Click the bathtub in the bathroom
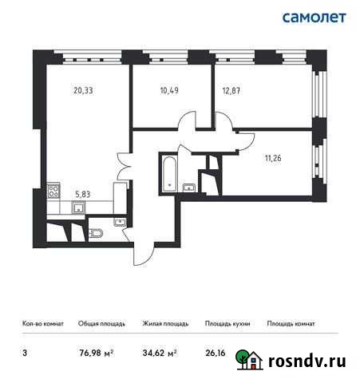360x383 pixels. click(x=168, y=172)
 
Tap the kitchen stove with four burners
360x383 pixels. click(x=54, y=191)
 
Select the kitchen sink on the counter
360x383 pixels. click(x=78, y=207)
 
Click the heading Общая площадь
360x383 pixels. click(x=101, y=324)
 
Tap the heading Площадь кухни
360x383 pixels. click(x=227, y=324)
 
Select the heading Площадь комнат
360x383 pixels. click(x=291, y=324)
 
